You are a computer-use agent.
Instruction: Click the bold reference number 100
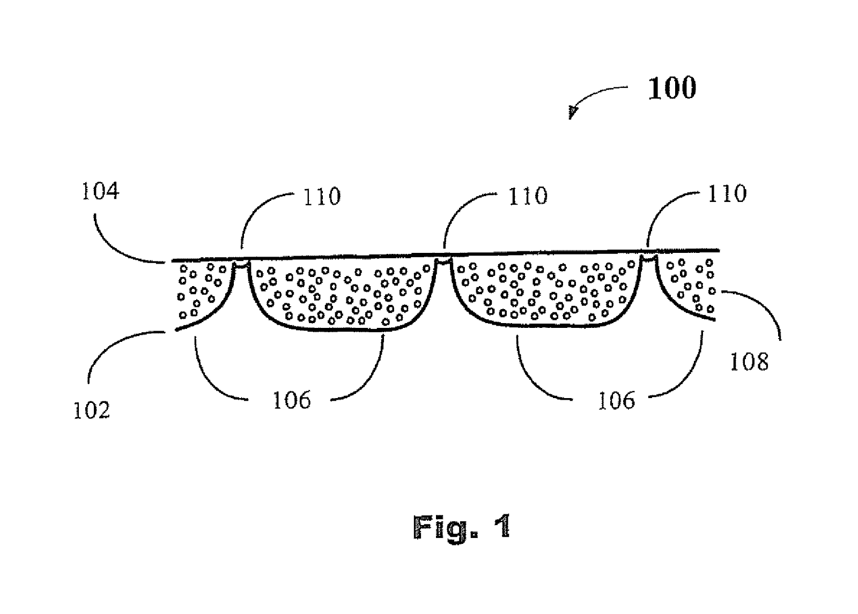pos(672,88)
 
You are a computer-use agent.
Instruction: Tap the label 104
pos(100,191)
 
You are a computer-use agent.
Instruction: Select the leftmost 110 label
pos(322,197)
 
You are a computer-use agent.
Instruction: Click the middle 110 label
pos(528,197)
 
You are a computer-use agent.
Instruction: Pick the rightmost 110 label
pos(727,194)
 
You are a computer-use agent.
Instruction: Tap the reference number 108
pos(749,362)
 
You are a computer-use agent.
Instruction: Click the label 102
pos(91,410)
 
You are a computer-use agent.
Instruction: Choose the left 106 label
pos(291,400)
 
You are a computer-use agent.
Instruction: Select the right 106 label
pos(616,400)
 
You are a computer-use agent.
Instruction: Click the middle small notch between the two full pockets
pos(443,262)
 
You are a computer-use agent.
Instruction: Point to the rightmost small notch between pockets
pos(649,260)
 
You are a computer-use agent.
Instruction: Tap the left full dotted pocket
pos(341,295)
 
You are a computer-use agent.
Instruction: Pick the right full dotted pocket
pos(544,292)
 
